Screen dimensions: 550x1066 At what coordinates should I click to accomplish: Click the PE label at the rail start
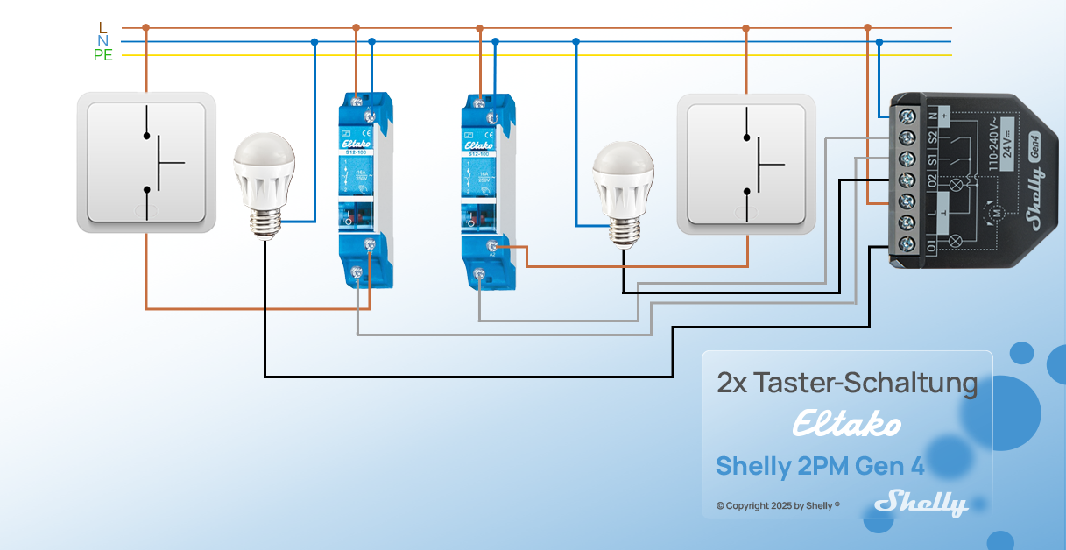pyautogui.click(x=103, y=55)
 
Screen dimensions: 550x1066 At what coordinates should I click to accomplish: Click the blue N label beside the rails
pyautogui.click(x=103, y=41)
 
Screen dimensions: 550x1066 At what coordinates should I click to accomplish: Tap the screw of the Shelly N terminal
pyautogui.click(x=907, y=116)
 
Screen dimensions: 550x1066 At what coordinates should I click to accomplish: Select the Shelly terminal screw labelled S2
pyautogui.click(x=907, y=137)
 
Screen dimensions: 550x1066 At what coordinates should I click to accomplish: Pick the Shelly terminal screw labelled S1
pyautogui.click(x=907, y=159)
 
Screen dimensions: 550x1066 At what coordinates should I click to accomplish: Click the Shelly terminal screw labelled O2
pyautogui.click(x=907, y=180)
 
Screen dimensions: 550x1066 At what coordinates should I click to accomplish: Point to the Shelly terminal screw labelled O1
pyautogui.click(x=907, y=243)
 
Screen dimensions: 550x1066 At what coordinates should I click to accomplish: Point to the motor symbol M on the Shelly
pyautogui.click(x=995, y=213)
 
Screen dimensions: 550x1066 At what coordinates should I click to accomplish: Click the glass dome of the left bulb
pyautogui.click(x=264, y=158)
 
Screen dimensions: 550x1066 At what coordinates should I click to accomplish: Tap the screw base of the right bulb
pyautogui.click(x=624, y=229)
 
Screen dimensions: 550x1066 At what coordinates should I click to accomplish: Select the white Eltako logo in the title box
pyautogui.click(x=846, y=426)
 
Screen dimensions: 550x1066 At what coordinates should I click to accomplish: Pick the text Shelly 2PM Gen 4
pyautogui.click(x=820, y=466)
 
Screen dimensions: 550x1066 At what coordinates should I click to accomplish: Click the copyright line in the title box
pyautogui.click(x=778, y=505)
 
